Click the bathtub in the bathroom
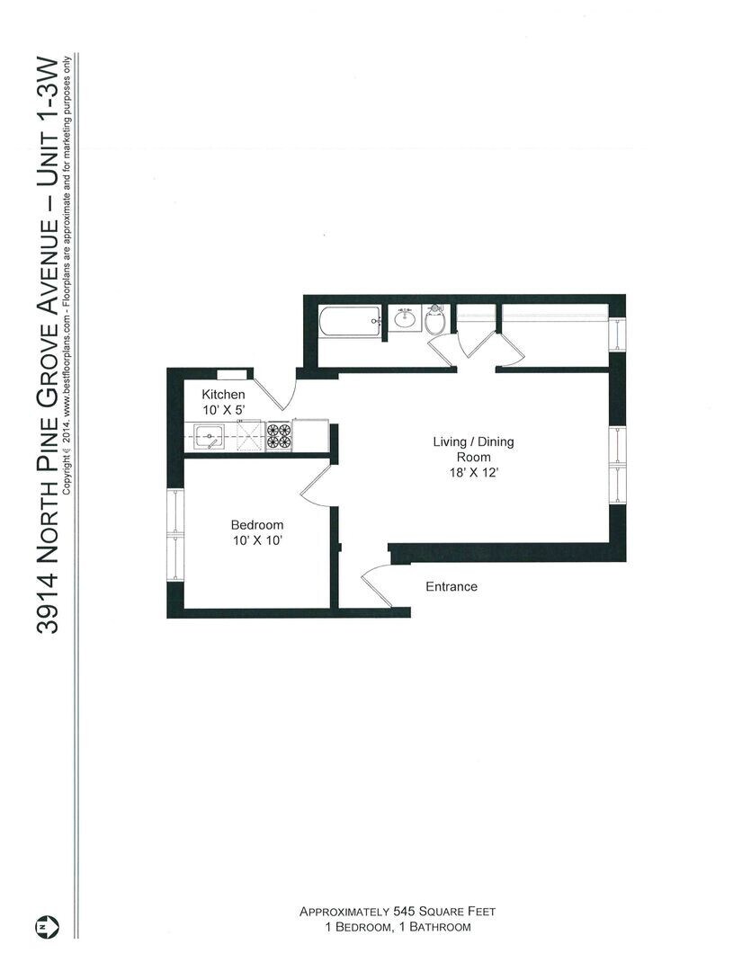click(x=350, y=321)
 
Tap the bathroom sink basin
click(x=405, y=318)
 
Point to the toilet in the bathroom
click(x=434, y=321)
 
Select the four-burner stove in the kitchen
click(x=279, y=436)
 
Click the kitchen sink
click(x=210, y=438)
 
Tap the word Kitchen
click(x=223, y=395)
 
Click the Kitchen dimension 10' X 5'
click(x=223, y=410)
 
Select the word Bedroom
click(x=256, y=525)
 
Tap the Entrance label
click(x=451, y=587)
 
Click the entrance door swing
click(x=376, y=584)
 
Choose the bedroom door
click(x=314, y=490)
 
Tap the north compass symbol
click(x=44, y=925)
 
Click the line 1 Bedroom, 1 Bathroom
click(x=398, y=927)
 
